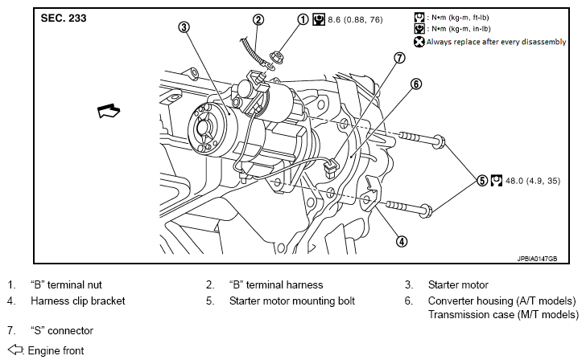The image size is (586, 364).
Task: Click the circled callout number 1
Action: click(x=303, y=19)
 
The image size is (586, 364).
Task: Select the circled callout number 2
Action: click(x=258, y=19)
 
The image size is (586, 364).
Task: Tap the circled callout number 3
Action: click(x=184, y=27)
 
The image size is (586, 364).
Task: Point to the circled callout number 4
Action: click(x=402, y=242)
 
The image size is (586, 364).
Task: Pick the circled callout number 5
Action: click(x=482, y=181)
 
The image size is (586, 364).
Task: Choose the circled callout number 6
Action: click(x=416, y=84)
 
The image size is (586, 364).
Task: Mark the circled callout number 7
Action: click(x=399, y=58)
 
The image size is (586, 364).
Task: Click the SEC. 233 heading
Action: click(x=64, y=18)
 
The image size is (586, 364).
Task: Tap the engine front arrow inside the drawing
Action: click(x=109, y=111)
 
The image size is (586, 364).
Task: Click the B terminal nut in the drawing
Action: click(x=278, y=57)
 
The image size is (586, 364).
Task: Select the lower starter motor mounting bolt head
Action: click(x=427, y=211)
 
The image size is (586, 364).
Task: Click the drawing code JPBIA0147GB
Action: click(x=537, y=259)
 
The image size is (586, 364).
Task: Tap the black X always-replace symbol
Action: click(x=419, y=42)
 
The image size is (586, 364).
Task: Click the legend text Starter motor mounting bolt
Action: click(x=292, y=301)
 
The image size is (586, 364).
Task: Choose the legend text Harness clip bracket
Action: click(x=78, y=301)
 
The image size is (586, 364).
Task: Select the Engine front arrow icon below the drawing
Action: click(x=15, y=350)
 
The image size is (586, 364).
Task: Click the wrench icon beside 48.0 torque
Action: click(x=497, y=181)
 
